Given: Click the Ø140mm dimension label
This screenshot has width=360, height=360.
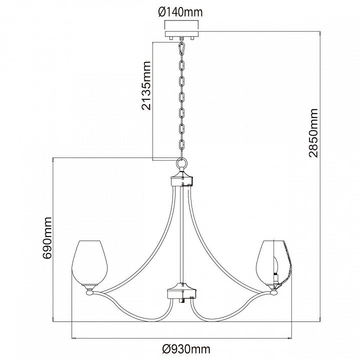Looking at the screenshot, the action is click(x=180, y=12).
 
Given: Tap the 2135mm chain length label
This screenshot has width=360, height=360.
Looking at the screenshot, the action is click(x=146, y=85).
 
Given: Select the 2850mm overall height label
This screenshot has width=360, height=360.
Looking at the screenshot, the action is click(x=313, y=133).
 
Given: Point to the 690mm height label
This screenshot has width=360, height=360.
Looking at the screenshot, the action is click(x=48, y=238).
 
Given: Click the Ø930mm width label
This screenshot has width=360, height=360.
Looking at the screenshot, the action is click(x=186, y=349).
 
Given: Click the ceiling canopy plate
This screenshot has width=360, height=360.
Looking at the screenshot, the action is click(x=181, y=34).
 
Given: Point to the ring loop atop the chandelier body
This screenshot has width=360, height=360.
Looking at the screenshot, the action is click(x=181, y=163).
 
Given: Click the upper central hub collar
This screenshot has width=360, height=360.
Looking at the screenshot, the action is click(x=181, y=178).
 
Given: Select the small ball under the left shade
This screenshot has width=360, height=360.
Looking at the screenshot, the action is click(x=90, y=292).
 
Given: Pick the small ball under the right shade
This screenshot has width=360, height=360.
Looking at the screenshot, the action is click(x=273, y=292).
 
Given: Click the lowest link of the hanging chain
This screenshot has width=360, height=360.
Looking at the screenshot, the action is click(x=181, y=145).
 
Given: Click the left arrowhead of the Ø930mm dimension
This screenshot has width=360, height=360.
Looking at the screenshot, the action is click(x=74, y=338).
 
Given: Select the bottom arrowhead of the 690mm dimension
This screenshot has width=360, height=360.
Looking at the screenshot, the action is click(x=53, y=319).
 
